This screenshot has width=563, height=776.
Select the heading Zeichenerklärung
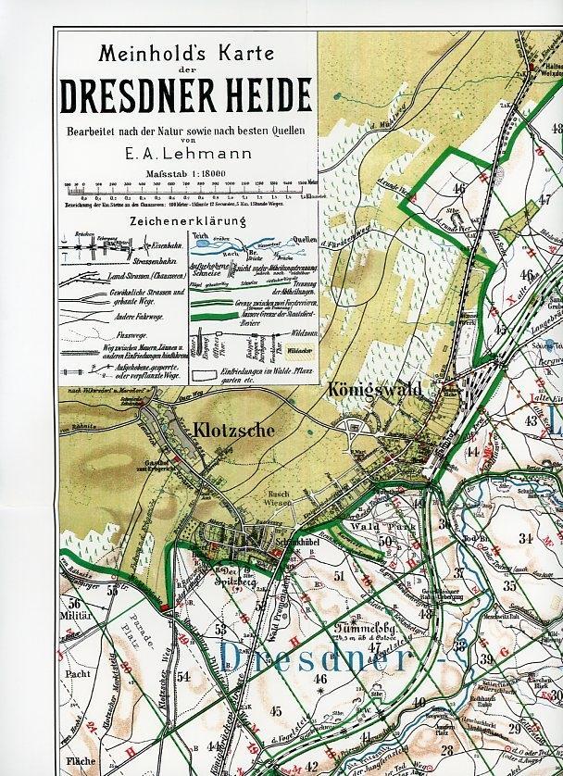point(189,221)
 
